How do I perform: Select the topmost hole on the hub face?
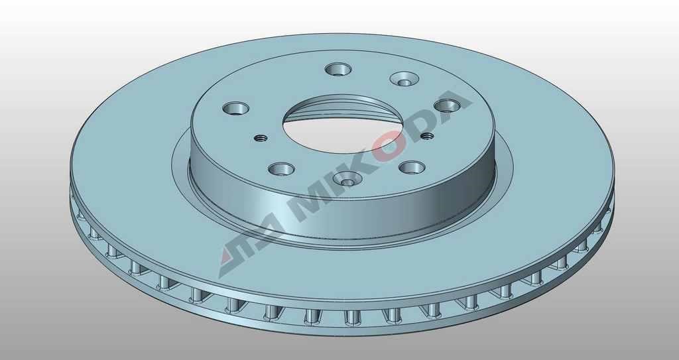(x=338, y=69)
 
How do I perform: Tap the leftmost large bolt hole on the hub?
(x=235, y=108)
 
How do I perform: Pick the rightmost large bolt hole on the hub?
(x=447, y=105)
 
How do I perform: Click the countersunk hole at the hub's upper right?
(x=404, y=79)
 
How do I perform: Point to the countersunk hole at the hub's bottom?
(x=347, y=178)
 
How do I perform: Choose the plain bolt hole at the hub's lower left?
(x=281, y=168)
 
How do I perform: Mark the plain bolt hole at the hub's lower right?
(x=412, y=167)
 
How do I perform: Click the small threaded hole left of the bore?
(x=260, y=138)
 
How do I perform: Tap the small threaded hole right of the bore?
(x=427, y=136)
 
